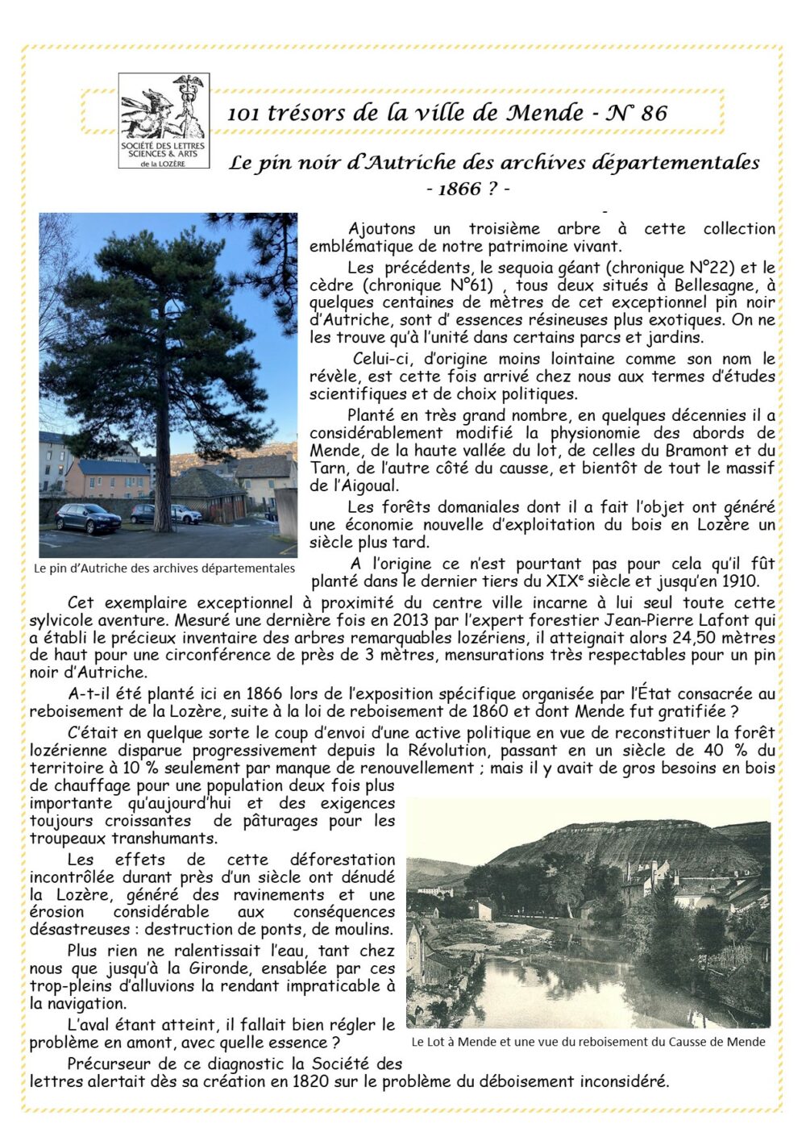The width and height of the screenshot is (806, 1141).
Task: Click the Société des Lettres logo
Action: point(164,121)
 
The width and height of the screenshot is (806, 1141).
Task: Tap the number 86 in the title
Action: point(654,113)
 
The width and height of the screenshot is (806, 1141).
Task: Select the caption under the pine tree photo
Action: point(164,568)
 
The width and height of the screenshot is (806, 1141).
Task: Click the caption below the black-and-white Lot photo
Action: point(588,1041)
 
